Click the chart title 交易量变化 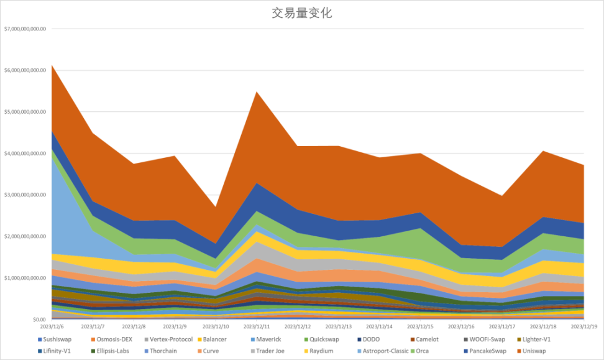pos(301,13)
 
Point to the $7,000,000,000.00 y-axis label pos(25,29)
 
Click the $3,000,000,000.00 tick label pos(25,195)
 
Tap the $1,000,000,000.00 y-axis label pos(25,278)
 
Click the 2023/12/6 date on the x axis pos(52,326)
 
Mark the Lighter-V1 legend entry pos(536,339)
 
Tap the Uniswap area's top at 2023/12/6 pos(53,65)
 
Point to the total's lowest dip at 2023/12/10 pos(216,206)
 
